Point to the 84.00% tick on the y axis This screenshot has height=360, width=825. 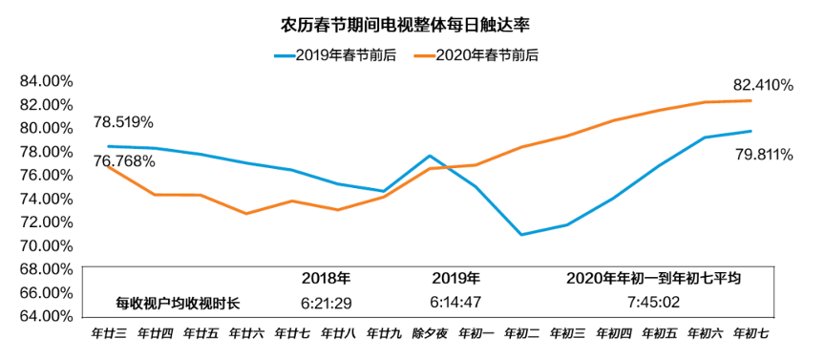(46, 81)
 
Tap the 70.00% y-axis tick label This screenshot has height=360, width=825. (46, 245)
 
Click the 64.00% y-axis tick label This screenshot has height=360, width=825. (46, 316)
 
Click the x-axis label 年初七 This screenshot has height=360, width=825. (751, 334)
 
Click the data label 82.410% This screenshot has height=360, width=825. (762, 85)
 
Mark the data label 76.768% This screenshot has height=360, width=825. (124, 160)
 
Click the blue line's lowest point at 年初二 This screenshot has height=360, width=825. (521, 234)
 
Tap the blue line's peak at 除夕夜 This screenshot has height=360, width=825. (430, 156)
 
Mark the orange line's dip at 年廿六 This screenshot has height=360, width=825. (246, 213)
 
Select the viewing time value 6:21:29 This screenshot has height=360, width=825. (326, 303)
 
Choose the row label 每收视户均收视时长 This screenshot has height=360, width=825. (178, 303)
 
